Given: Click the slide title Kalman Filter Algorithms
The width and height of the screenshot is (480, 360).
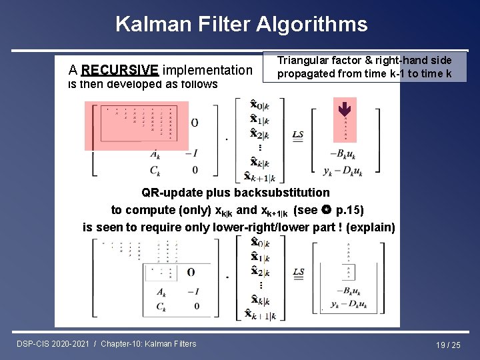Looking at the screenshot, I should coord(241,25).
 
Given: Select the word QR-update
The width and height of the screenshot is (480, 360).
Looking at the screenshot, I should coord(169,193).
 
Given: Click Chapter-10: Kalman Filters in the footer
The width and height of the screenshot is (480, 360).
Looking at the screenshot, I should coord(149,343).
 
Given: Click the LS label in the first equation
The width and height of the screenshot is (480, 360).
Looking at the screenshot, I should coord(298,135).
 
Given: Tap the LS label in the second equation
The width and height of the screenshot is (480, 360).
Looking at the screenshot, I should coord(298,272).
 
